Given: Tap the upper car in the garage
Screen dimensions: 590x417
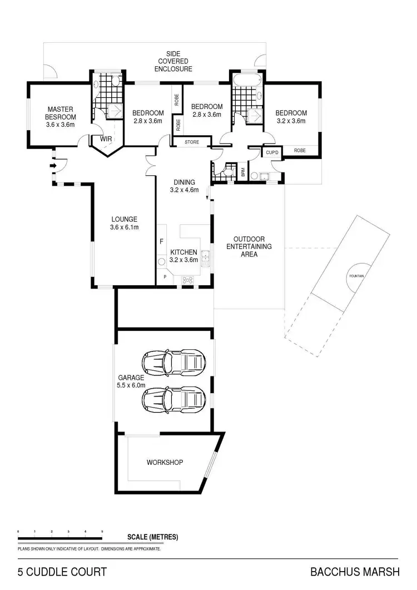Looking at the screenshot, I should (174, 363).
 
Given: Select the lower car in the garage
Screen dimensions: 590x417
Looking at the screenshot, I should (174, 399).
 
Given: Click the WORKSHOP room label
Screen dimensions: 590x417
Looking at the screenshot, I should (165, 462).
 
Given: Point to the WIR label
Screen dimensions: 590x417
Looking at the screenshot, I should (106, 139).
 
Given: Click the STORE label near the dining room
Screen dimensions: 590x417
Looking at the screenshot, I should (192, 142).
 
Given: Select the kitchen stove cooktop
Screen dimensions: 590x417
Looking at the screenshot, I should (188, 280).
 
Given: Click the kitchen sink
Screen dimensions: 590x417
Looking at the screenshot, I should (206, 257).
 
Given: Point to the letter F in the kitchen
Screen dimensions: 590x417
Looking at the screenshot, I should (161, 242).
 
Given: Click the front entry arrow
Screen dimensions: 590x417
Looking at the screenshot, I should (53, 165).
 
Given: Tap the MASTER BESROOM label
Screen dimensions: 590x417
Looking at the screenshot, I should (61, 117).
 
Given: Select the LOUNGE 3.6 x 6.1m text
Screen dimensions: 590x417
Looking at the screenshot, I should (123, 223).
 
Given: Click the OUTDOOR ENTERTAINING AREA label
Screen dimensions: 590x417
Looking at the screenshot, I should (248, 246).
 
